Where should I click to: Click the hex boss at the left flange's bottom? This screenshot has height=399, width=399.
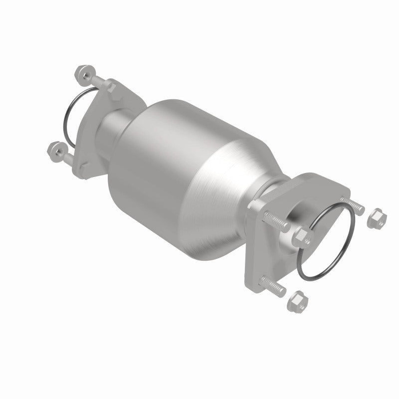(x=88, y=164)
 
